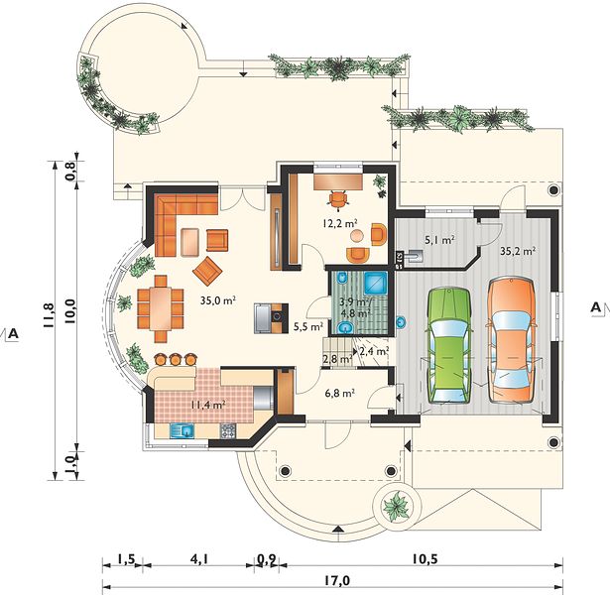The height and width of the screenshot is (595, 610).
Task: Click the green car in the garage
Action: [x=449, y=345]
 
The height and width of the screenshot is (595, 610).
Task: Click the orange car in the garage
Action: [x=512, y=339]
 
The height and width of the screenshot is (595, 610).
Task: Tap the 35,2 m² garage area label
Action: [x=518, y=251]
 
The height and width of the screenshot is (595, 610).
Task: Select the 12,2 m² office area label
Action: [x=340, y=223]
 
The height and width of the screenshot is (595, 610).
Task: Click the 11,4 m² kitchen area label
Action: [x=208, y=405]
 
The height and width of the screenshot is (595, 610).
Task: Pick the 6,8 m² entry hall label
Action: [x=339, y=393]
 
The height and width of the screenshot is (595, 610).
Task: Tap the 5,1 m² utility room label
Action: [x=439, y=240]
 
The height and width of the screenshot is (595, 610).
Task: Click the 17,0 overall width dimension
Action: [x=337, y=580]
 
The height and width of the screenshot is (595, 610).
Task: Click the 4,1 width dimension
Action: [x=199, y=559]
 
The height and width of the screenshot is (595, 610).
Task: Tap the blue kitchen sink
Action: [x=183, y=430]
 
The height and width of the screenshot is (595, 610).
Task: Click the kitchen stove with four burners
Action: [x=228, y=430]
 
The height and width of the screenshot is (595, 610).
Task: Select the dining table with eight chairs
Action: [x=160, y=309]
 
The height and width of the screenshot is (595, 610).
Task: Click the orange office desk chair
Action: [x=337, y=199]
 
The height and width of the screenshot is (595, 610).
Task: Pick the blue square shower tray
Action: [x=375, y=283]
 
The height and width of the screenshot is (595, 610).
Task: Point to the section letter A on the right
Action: [x=595, y=307]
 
